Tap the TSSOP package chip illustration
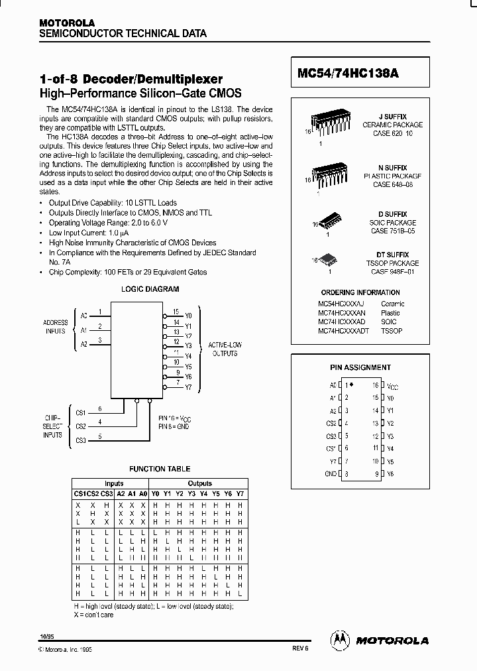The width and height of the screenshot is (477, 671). (330, 261)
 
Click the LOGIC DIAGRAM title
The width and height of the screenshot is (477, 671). (150, 289)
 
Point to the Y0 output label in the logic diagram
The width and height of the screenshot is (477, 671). (188, 315)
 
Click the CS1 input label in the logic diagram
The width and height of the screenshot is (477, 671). (80, 412)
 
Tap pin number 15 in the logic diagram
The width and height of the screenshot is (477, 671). (176, 311)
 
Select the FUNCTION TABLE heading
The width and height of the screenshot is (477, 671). (159, 469)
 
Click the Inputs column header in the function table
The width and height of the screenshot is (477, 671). (113, 483)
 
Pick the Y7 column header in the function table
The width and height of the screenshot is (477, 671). (240, 493)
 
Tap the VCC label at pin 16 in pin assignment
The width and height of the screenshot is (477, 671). (392, 385)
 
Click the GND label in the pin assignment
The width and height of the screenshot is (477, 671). (330, 473)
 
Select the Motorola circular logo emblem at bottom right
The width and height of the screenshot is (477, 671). (340, 639)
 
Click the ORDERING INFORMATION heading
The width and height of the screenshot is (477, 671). (360, 292)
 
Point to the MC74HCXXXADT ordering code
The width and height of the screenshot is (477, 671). (344, 330)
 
